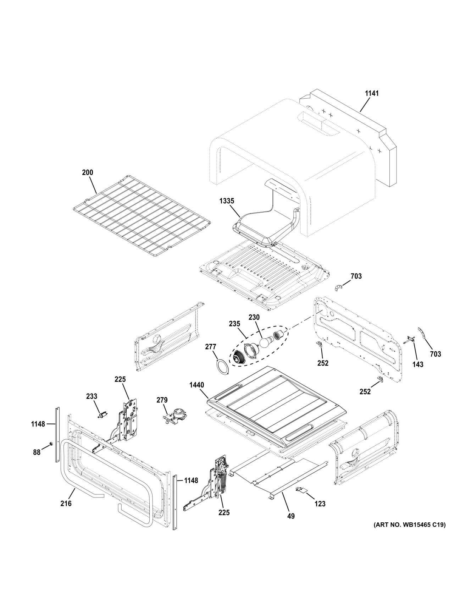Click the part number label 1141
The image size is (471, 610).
pyautogui.click(x=372, y=93)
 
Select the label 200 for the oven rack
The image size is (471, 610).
pyautogui.click(x=87, y=172)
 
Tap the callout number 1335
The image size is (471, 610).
pyautogui.click(x=227, y=201)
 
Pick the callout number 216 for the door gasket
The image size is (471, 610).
pyautogui.click(x=66, y=503)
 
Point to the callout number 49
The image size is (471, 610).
pyautogui.click(x=291, y=516)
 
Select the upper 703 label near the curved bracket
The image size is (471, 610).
pyautogui.click(x=356, y=276)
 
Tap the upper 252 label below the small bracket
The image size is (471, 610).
pyautogui.click(x=323, y=363)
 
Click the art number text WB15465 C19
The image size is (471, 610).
pyautogui.click(x=409, y=524)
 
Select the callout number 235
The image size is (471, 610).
pyautogui.click(x=234, y=324)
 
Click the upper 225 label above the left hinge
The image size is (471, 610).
pyautogui.click(x=120, y=379)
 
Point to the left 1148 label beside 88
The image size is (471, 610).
pyautogui.click(x=38, y=424)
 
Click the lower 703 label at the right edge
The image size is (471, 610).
pyautogui.click(x=435, y=354)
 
